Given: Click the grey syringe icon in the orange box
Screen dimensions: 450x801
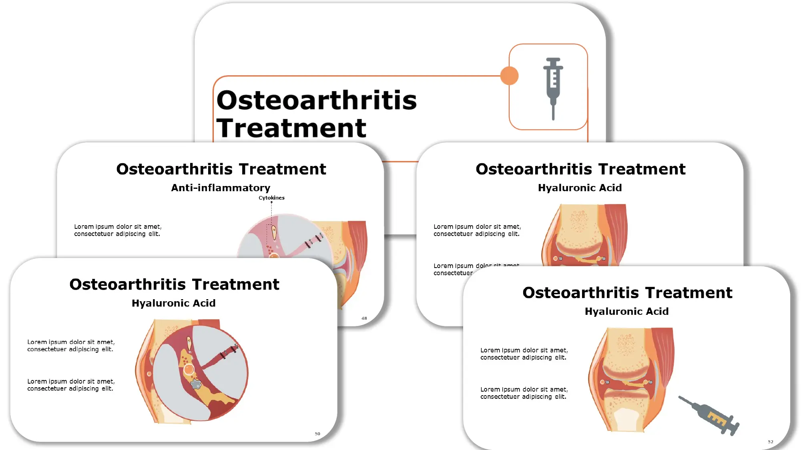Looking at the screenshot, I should point(553,88).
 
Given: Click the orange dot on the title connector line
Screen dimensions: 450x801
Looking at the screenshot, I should point(509,76).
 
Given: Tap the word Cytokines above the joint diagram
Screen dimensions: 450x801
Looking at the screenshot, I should point(271,198).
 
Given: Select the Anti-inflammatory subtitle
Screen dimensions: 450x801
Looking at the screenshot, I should point(221,188).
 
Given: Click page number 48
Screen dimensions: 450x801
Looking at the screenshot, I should point(364,318).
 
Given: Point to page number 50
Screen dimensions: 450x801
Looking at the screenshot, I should point(317,434).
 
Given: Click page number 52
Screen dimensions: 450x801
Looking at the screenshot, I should point(771,442).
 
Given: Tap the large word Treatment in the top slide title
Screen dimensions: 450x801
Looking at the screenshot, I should point(291,128).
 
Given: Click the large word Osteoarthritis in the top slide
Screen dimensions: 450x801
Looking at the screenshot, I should point(316,100).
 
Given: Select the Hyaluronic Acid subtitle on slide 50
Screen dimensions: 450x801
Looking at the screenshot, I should point(173,303).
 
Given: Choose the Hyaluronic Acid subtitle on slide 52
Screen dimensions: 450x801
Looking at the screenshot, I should point(626,311).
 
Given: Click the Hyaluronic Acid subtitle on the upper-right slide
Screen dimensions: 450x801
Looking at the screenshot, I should point(580,188).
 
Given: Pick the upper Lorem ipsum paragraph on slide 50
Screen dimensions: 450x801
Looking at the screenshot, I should point(71,346).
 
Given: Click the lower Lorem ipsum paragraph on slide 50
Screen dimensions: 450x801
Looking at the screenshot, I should point(71,385).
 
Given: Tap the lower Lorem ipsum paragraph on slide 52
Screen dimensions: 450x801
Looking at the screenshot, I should point(524,393).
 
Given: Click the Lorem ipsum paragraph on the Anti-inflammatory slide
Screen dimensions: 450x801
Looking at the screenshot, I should point(118,230).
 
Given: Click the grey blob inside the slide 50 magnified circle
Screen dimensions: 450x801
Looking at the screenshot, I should point(196,384).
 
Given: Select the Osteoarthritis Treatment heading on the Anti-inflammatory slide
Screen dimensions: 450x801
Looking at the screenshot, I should point(221,169).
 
